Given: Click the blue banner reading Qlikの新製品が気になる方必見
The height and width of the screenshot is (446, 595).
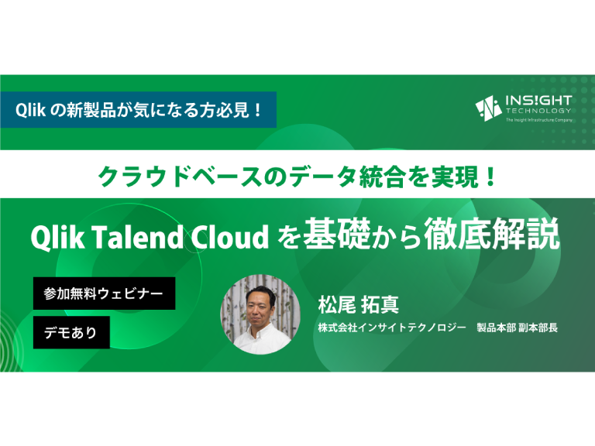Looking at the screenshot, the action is coord(138,110).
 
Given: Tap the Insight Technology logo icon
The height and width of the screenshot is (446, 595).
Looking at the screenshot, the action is coord(489,108).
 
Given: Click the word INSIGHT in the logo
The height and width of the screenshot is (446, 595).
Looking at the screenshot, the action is coord(538,101).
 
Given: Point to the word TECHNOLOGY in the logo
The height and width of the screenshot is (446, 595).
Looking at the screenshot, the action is coord(538,111).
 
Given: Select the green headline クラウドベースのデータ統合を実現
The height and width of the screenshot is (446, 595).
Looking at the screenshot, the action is coord(297,177).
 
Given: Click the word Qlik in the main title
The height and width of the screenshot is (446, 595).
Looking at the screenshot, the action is coord(57,237).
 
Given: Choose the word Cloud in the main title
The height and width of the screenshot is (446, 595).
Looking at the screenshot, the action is coord(229,237).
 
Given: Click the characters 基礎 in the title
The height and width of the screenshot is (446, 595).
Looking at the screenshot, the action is coord(336,234).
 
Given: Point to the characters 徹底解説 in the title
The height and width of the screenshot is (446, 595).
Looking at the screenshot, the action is coord(492,234).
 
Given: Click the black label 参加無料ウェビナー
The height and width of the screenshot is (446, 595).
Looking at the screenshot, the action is coord(105,293).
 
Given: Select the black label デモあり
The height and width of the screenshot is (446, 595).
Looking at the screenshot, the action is coord(71,333).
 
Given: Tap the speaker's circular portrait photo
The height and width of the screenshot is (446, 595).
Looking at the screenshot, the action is coord(260,315).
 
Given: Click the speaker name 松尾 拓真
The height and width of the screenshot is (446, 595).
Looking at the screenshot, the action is coord(359,304).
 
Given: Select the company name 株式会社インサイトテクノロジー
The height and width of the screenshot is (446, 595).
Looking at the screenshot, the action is coord(392,328).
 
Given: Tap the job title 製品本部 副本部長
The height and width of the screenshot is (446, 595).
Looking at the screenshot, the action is coord(518,328).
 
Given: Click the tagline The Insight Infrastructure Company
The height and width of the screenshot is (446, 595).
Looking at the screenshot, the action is coord(539,120).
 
